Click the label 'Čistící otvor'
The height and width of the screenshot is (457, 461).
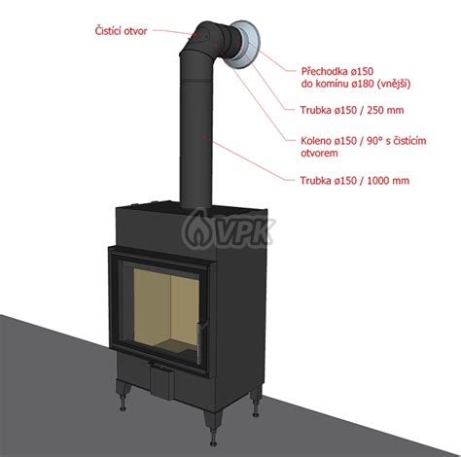tap(121, 31)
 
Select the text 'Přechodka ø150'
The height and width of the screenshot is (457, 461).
tap(337, 71)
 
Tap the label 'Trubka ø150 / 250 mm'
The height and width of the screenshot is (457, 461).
tap(352, 110)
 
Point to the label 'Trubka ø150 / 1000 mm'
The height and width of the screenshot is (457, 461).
tap(355, 181)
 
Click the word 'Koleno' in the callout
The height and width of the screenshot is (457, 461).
tap(317, 141)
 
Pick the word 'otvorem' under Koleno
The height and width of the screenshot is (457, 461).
tap(319, 153)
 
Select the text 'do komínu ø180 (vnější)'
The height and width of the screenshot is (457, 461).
tap(356, 85)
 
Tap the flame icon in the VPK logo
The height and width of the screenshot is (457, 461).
tap(197, 228)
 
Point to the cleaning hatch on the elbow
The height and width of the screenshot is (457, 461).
tap(204, 36)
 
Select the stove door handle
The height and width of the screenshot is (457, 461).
tap(199, 342)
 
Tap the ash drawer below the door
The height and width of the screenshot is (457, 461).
tap(161, 381)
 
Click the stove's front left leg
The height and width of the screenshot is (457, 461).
tap(123, 395)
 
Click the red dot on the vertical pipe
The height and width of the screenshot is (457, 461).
tap(204, 137)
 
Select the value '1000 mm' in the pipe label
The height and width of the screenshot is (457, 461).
tap(388, 181)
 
